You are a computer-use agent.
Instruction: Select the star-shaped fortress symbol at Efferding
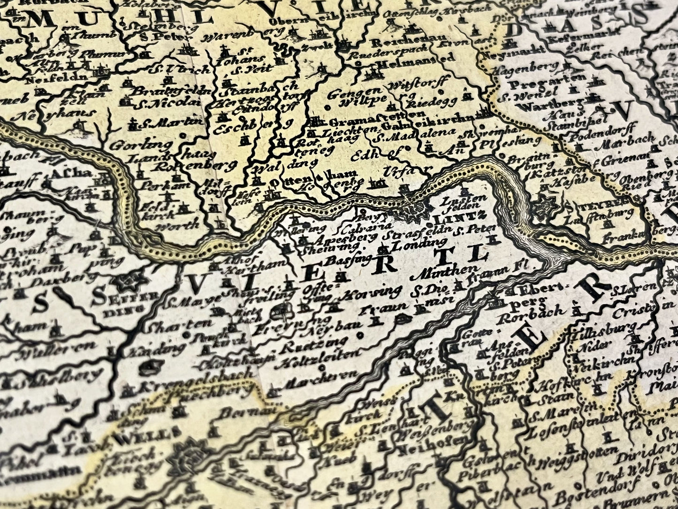[127, 282]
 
